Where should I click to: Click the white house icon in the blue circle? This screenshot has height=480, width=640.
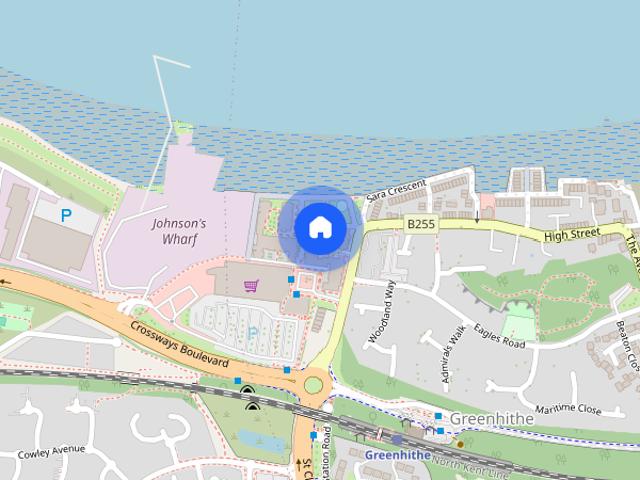[x=320, y=227]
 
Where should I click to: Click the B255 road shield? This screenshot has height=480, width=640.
[x=421, y=225]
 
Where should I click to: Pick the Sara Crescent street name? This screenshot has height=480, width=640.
[x=396, y=190]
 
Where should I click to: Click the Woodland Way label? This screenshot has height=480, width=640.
[x=383, y=313]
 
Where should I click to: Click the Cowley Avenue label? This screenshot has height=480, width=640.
[x=50, y=449]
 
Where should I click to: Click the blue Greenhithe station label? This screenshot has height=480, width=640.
[x=397, y=454]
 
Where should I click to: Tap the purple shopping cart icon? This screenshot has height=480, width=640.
[x=251, y=286]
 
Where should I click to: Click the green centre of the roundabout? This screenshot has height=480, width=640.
[x=313, y=384]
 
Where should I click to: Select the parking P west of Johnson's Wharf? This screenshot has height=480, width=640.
[x=66, y=215]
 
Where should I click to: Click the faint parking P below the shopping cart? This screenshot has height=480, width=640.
[x=252, y=331]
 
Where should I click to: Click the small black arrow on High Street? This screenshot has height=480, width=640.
[x=477, y=216]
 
